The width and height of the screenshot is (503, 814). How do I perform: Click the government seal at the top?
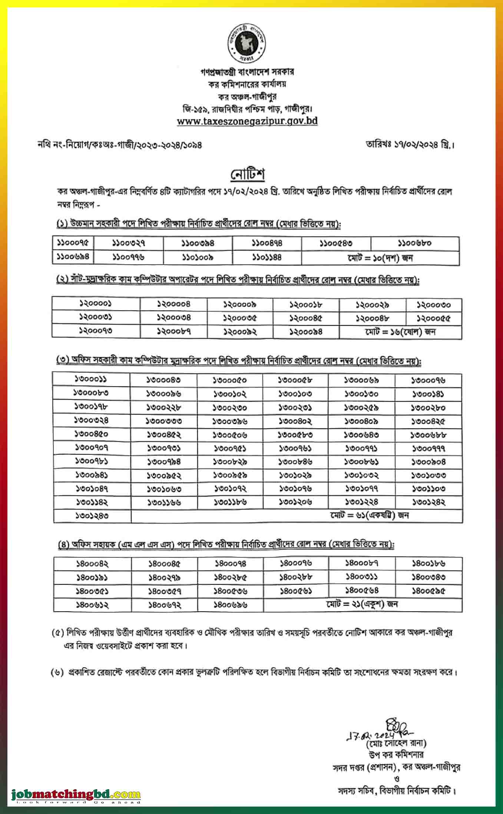[x=247, y=44]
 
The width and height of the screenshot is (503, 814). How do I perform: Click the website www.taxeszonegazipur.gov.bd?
[x=247, y=121]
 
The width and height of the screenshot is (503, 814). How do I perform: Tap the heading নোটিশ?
[x=248, y=174]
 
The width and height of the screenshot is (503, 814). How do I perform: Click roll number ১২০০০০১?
[x=96, y=304]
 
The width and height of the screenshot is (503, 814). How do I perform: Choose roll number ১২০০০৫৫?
[x=433, y=318]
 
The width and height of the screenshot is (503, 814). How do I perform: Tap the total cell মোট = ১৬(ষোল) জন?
[x=400, y=332]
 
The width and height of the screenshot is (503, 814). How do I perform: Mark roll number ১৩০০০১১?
[x=91, y=380]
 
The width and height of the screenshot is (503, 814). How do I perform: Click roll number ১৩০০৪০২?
[x=295, y=421]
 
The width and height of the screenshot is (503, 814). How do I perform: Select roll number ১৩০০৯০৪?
[x=428, y=462]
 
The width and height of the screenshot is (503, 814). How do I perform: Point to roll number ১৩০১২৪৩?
[x=92, y=516]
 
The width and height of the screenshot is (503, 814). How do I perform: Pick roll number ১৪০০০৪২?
[x=92, y=564]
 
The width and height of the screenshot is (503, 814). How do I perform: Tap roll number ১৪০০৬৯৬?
[x=230, y=605]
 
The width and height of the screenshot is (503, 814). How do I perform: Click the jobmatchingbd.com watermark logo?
[x=76, y=795]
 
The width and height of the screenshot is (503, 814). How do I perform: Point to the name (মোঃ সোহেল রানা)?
[x=396, y=743]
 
